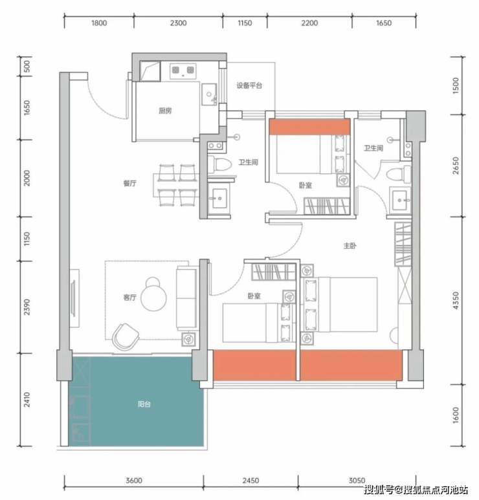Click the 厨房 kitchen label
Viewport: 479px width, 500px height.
(165, 111)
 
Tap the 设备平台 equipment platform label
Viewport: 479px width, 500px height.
(249, 85)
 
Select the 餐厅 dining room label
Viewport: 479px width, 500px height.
(130, 183)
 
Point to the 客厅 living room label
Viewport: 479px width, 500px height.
(130, 298)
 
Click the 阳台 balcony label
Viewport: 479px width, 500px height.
(144, 404)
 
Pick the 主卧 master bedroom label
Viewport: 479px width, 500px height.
(350, 246)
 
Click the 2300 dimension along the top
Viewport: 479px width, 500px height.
(178, 23)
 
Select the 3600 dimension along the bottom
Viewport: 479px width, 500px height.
(134, 481)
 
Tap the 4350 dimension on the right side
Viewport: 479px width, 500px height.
(456, 300)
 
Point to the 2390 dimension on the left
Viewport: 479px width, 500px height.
(27, 307)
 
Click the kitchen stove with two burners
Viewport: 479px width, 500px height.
(183, 69)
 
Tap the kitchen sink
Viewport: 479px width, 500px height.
(208, 94)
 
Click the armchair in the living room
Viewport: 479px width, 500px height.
(126, 337)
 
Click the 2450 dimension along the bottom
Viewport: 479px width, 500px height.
(251, 481)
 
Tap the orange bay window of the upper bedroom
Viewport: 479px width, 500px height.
(309, 127)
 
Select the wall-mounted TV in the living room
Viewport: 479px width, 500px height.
(73, 298)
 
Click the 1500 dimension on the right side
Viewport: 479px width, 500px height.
(456, 85)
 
